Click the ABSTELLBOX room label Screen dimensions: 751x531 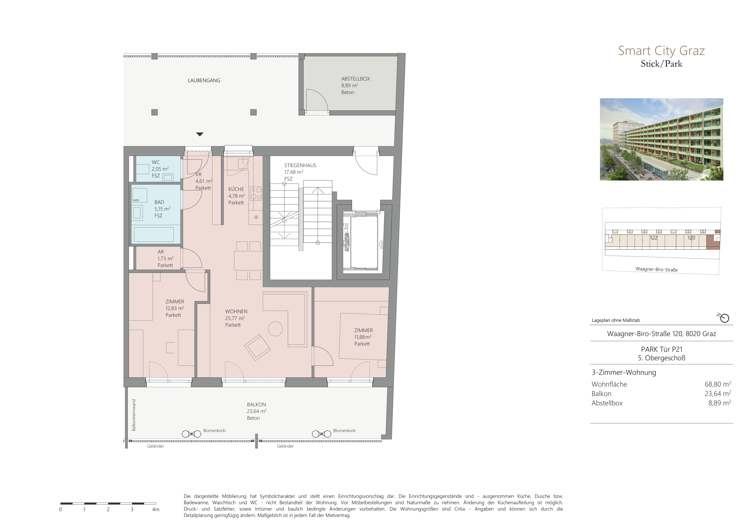pyautogui.click(x=356, y=79)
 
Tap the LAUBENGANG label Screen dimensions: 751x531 pyautogui.click(x=204, y=80)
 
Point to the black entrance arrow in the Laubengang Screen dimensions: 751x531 pyautogui.click(x=200, y=134)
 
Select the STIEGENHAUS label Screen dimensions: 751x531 pyautogui.click(x=300, y=165)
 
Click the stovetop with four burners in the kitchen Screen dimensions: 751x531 pyautogui.click(x=256, y=193)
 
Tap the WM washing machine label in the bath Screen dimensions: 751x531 pyautogui.click(x=136, y=200)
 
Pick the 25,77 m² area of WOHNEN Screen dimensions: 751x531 pyautogui.click(x=235, y=318)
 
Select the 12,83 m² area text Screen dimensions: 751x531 pyautogui.click(x=175, y=308)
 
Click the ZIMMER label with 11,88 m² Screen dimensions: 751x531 pyautogui.click(x=363, y=331)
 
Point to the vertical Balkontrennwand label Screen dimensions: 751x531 pyautogui.click(x=134, y=415)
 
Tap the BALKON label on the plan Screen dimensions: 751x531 pyautogui.click(x=256, y=404)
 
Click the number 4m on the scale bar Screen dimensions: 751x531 pyautogui.click(x=156, y=509)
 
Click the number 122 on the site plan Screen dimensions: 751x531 pyautogui.click(x=654, y=238)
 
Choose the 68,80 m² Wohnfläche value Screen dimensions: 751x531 pyautogui.click(x=718, y=384)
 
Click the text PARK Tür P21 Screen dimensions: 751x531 pyautogui.click(x=661, y=349)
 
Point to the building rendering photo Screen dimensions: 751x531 pyautogui.click(x=661, y=139)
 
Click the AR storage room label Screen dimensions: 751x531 pyautogui.click(x=160, y=252)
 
